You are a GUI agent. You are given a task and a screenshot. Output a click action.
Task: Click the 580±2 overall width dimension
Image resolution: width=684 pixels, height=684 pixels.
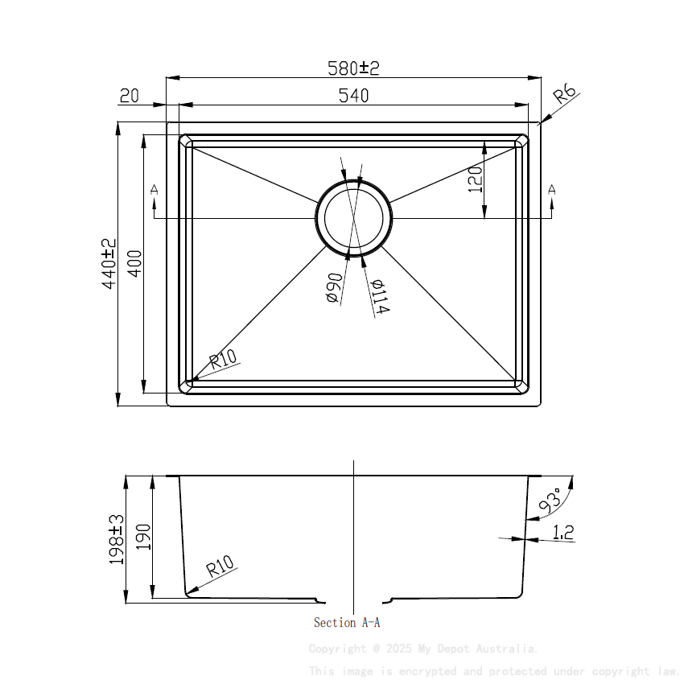[352, 68]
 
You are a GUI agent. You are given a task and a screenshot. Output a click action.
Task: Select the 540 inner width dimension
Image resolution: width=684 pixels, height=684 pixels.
[353, 96]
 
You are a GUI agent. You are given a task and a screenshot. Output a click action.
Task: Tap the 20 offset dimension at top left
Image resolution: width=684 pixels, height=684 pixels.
[129, 97]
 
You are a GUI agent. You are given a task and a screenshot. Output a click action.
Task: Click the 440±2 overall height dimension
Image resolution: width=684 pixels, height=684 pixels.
[109, 263]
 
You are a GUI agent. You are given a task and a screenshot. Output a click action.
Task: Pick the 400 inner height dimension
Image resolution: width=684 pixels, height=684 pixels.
[134, 264]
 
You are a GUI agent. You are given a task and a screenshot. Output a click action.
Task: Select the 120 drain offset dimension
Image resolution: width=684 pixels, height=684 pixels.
[474, 179]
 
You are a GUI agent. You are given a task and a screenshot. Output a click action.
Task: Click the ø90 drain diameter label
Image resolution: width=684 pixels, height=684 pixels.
[334, 288]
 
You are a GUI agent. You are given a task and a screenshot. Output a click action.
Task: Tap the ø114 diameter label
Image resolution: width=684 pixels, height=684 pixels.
[380, 297]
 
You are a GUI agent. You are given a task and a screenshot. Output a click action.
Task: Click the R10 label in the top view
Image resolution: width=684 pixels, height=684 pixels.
[225, 360]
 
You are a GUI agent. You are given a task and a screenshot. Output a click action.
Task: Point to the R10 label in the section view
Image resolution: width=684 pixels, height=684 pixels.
[220, 569]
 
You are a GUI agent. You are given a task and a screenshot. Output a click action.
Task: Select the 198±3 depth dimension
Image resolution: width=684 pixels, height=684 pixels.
[116, 539]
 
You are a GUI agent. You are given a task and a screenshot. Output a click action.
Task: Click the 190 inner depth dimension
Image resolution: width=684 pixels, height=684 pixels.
[143, 538]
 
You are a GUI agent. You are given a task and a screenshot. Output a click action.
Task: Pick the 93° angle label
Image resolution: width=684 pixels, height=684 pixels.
[551, 501]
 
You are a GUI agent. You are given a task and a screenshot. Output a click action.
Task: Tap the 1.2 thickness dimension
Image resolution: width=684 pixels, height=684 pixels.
[563, 531]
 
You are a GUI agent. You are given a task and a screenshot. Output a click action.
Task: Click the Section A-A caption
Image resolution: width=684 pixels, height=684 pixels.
[346, 622]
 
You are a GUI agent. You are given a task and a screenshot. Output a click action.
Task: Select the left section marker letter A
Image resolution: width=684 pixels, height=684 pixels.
[154, 190]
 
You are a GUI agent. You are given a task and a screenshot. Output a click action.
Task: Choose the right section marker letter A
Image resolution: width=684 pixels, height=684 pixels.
[552, 190]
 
